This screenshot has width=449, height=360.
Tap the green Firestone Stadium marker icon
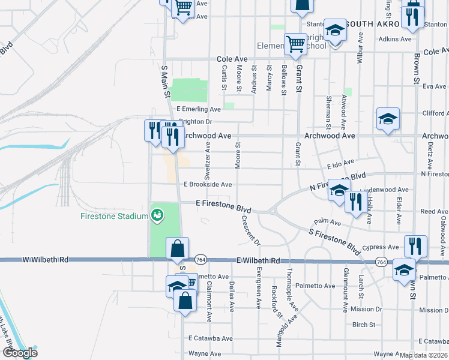158,215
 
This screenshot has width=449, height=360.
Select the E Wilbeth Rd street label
258,261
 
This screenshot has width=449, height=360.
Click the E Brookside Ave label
208,185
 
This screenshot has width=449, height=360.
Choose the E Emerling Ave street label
198,109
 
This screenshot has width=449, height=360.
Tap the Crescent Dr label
250,230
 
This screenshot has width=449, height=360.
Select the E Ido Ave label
341,163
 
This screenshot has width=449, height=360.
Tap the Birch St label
364,325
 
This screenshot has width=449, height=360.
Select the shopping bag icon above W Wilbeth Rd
178,248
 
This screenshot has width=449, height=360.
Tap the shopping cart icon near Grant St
295,44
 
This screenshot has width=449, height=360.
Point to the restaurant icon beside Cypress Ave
415,246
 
